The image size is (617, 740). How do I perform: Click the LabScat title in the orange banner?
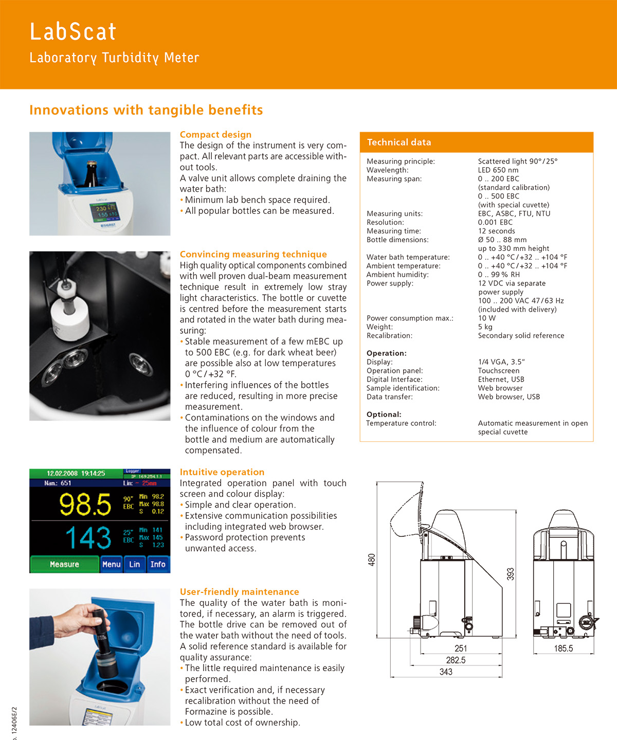73,32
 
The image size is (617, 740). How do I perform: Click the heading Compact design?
215,135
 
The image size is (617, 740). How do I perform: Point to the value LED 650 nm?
498,170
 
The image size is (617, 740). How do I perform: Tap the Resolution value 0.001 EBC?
495,223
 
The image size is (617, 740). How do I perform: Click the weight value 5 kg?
485,327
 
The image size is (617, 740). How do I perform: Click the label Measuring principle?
401,161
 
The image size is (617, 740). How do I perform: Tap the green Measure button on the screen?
64,564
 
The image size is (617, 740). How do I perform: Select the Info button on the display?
158,564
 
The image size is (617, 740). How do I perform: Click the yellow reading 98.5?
85,504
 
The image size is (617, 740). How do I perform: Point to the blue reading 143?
88,538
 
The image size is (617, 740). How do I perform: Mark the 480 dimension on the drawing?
371,559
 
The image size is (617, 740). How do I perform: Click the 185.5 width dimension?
563,648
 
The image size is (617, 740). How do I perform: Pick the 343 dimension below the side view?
446,672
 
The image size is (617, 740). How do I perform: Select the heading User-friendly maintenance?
239,592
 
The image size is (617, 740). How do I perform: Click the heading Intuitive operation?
222,472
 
